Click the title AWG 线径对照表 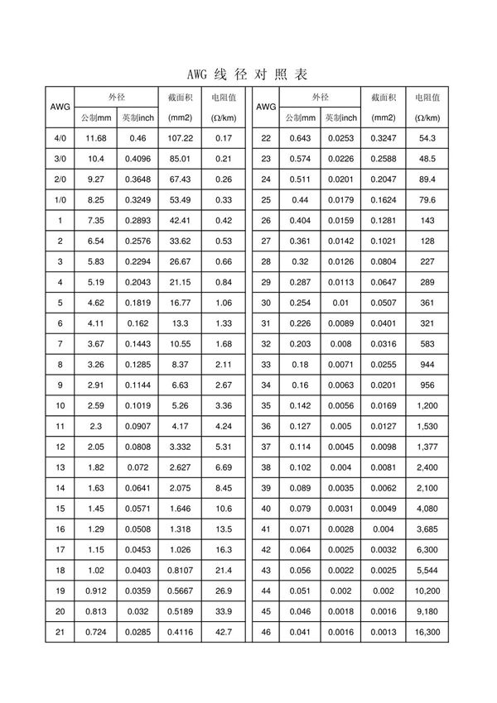[x=248, y=74]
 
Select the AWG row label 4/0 [x=60, y=138]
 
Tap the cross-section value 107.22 [x=180, y=138]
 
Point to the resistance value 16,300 [x=427, y=633]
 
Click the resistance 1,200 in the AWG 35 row [x=427, y=406]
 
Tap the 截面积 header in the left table [x=180, y=98]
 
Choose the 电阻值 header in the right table [x=427, y=98]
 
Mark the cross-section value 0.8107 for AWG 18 [x=180, y=571]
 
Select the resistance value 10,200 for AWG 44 [x=427, y=591]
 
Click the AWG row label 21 [x=60, y=633]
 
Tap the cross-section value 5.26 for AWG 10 [x=180, y=406]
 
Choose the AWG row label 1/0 [x=60, y=200]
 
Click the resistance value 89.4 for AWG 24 [x=427, y=179]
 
